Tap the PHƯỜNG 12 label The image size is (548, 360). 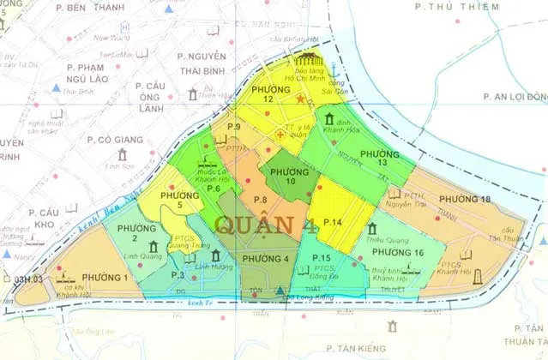click(x=268, y=94)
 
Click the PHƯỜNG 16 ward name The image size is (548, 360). click(x=398, y=253)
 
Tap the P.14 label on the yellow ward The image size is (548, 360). click(x=334, y=223)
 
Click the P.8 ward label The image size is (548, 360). click(x=261, y=201)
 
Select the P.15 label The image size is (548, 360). click(x=322, y=258)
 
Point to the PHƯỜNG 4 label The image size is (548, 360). click(x=265, y=258)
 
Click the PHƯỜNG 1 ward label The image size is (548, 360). click(x=105, y=277)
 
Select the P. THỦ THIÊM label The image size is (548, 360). click(x=445, y=7)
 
